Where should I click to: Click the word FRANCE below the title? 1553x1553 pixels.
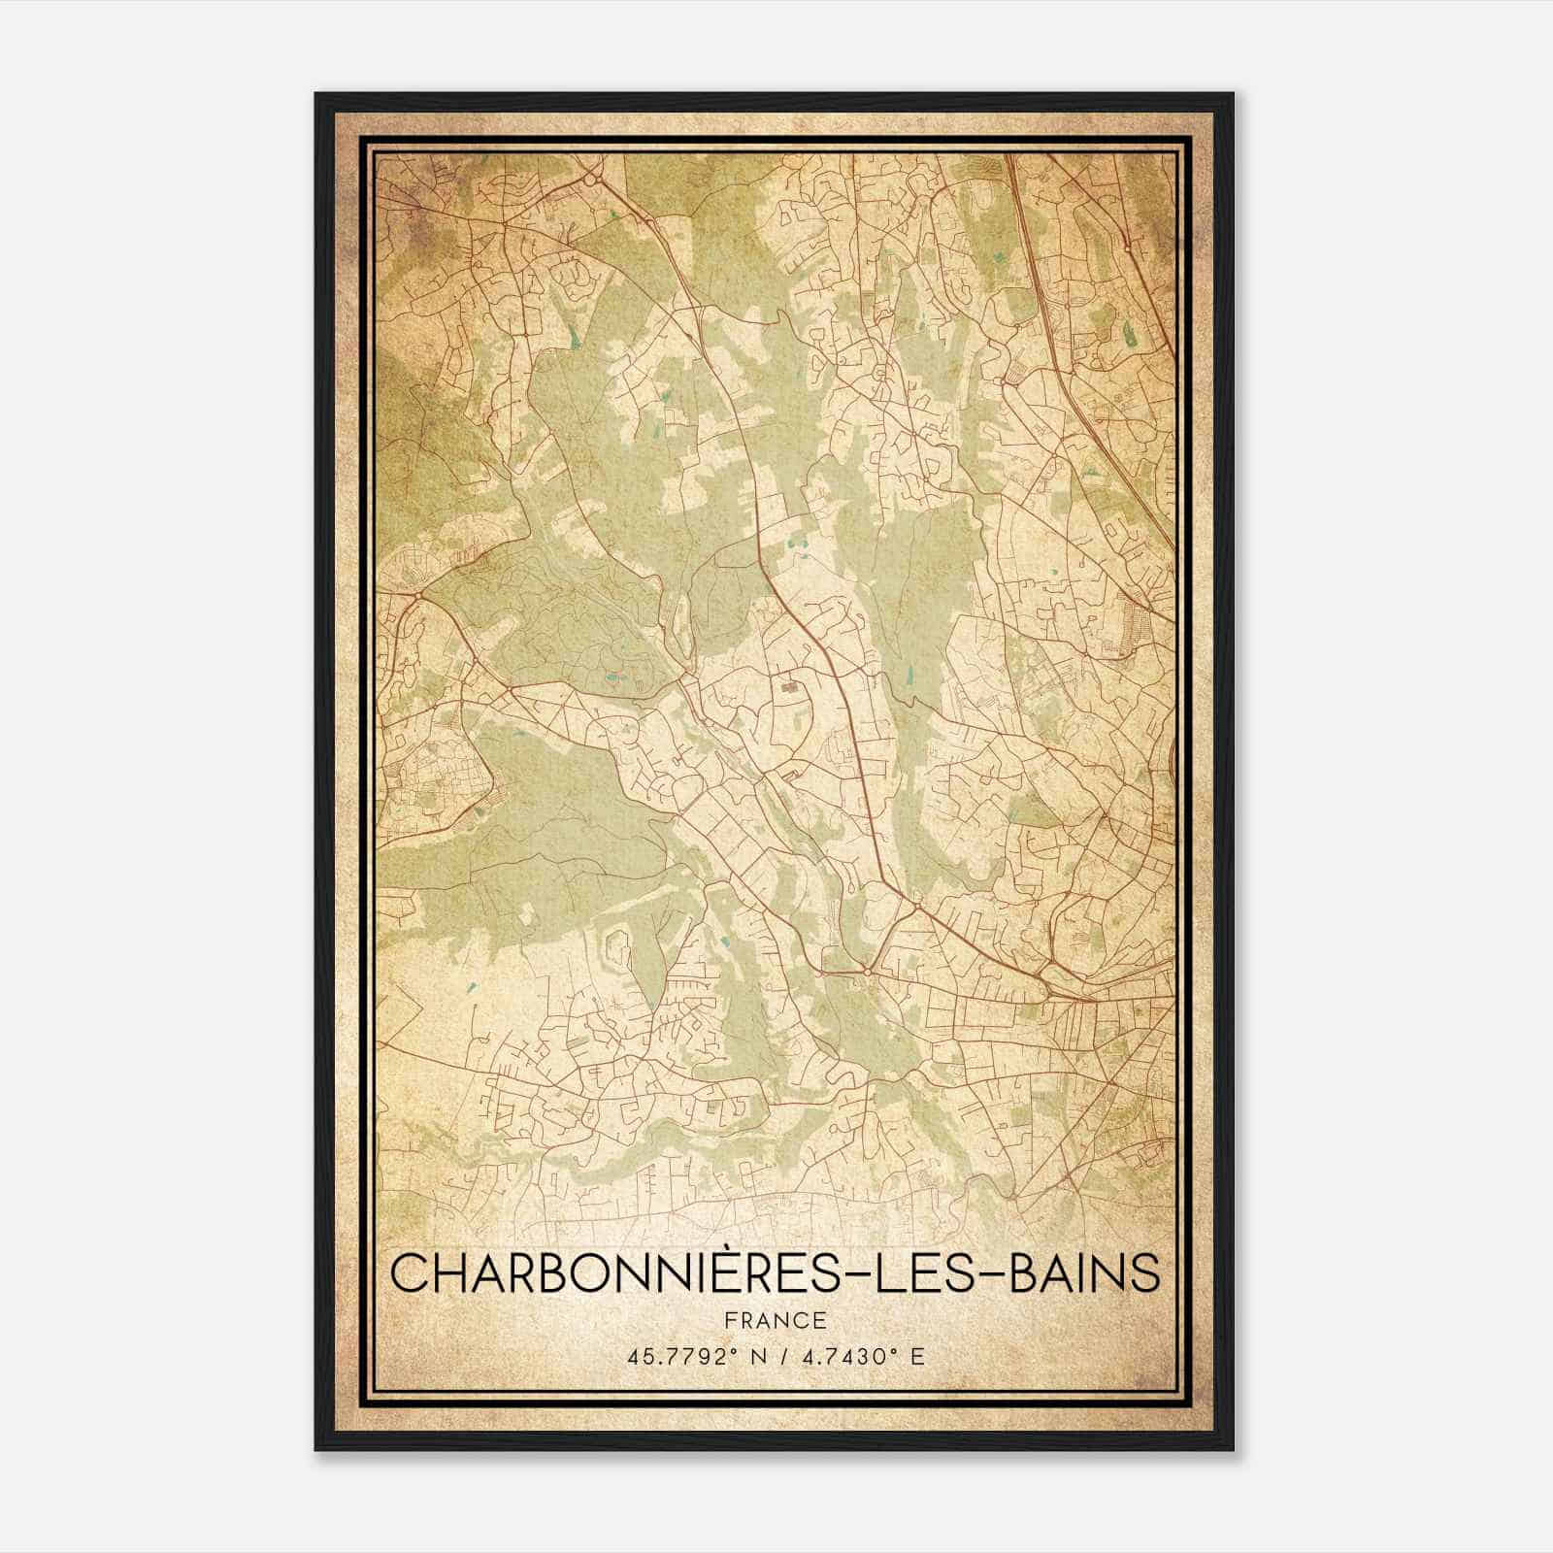(775, 1320)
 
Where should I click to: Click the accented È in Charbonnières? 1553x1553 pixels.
(741, 1272)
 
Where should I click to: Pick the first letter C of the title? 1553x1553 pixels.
(410, 1273)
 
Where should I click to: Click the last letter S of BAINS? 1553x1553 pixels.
(1145, 1273)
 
